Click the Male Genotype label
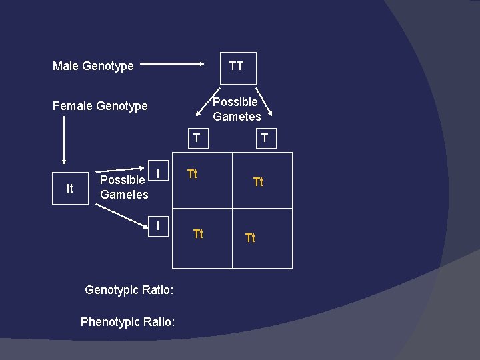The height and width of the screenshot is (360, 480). (x=93, y=66)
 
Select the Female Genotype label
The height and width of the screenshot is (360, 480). (x=100, y=106)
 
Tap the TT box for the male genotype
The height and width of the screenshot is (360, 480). (x=237, y=67)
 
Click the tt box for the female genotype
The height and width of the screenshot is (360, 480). (x=70, y=189)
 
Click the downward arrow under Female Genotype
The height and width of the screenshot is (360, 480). (x=64, y=139)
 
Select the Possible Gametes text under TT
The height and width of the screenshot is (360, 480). (x=237, y=109)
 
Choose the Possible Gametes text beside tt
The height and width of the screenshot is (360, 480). (x=124, y=187)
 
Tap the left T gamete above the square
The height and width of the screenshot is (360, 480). (x=196, y=138)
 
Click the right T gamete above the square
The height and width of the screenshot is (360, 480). (x=265, y=138)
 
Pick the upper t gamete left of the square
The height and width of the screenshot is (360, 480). (x=158, y=173)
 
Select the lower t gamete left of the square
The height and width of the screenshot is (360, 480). (x=158, y=226)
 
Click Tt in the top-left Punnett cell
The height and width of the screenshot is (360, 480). (x=192, y=174)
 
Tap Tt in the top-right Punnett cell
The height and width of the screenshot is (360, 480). (x=258, y=181)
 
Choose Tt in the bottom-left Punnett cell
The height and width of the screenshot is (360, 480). (x=198, y=233)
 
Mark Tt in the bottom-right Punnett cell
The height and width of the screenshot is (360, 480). (x=250, y=237)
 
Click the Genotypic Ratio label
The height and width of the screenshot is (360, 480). (x=129, y=290)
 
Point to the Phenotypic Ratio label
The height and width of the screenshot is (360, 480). (x=128, y=322)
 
